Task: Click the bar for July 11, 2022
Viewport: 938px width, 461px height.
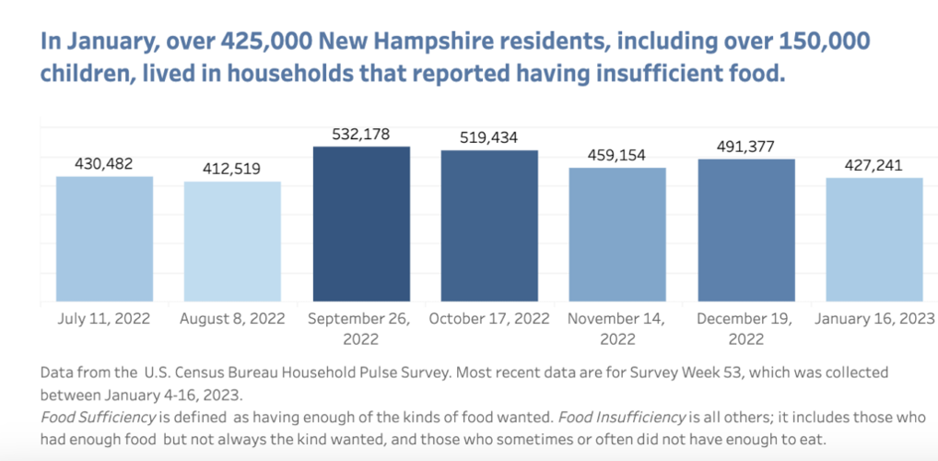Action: [x=104, y=239]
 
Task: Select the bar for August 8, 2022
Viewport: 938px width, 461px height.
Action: [x=232, y=242]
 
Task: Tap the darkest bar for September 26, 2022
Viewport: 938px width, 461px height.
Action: [x=361, y=224]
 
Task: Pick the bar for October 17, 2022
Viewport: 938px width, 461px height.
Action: [x=489, y=226]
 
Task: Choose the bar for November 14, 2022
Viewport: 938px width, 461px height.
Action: [x=617, y=235]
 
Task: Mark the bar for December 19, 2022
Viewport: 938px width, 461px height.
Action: [x=746, y=230]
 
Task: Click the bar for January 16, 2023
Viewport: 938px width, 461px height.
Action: [x=874, y=240]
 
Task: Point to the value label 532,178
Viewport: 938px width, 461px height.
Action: [x=360, y=135]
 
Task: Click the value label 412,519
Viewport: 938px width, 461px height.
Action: [x=232, y=170]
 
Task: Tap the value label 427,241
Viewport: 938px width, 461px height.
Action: [x=874, y=166]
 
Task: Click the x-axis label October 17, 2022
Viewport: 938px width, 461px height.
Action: [x=488, y=318]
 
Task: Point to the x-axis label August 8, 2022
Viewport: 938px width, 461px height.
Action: [x=232, y=318]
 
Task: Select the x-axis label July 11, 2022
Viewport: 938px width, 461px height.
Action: [x=104, y=318]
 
